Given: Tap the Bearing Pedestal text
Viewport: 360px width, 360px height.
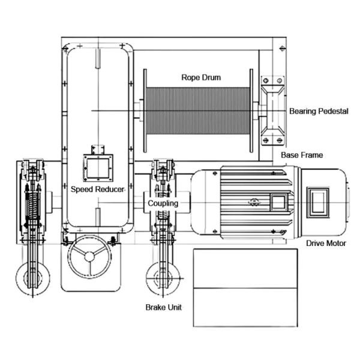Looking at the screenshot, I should pos(318,112).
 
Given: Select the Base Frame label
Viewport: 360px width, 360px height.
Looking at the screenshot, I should pos(302,155).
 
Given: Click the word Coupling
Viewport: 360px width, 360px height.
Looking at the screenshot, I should pos(163,203).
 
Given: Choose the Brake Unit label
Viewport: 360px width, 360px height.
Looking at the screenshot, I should pos(163,307).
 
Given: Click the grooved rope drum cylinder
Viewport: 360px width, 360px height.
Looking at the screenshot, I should pos(197,112).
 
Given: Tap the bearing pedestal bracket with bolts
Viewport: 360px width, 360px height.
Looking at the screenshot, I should pos(273,112).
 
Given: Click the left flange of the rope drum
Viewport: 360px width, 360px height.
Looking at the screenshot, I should pos(145,112).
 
